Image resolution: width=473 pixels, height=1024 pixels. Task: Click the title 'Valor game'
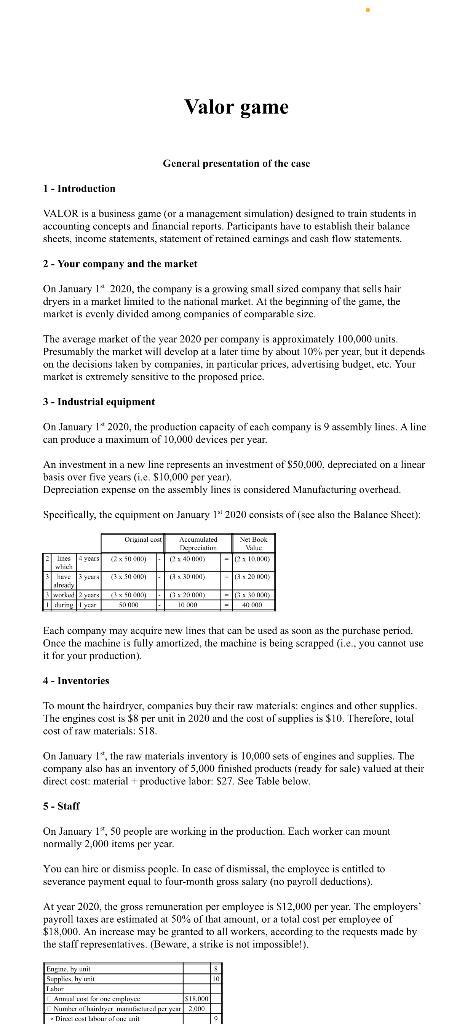pos(236,107)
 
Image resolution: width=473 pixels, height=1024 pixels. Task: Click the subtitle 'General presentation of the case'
pos(236,164)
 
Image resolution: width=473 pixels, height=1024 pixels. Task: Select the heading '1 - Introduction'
pos(79,188)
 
